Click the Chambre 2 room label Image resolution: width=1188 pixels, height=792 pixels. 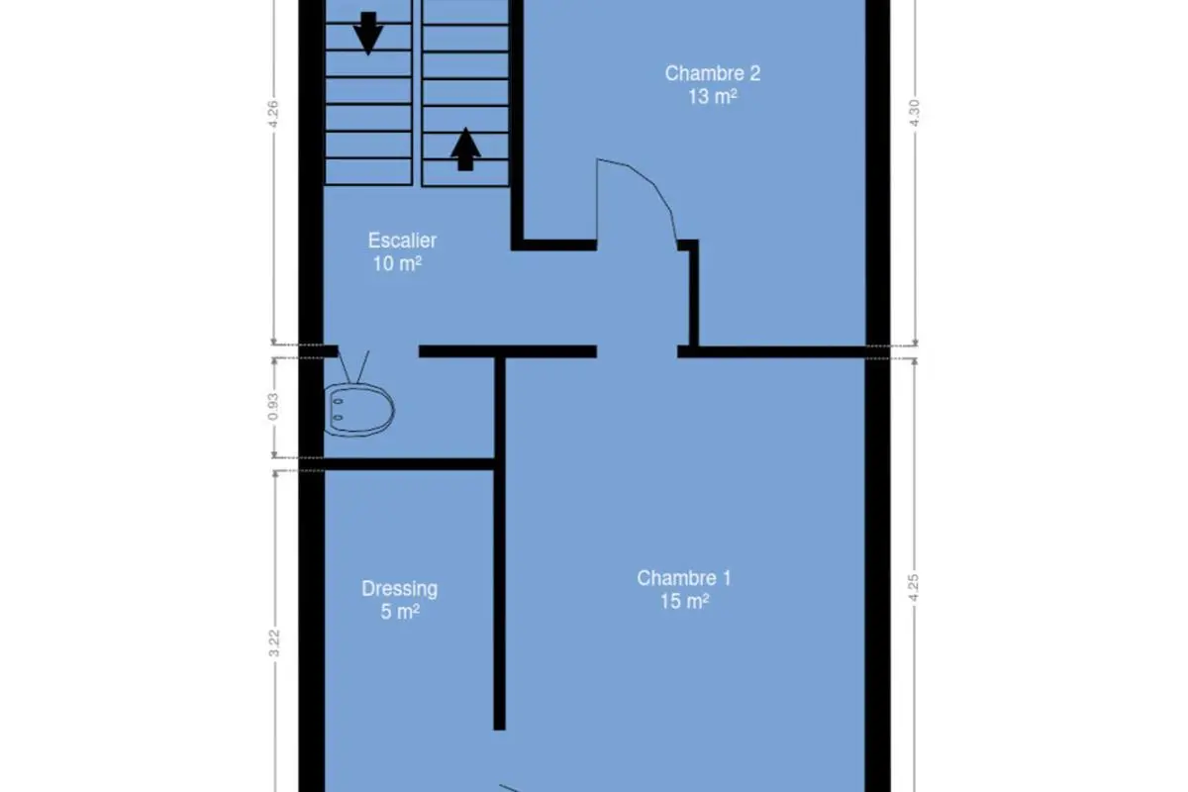point(712,73)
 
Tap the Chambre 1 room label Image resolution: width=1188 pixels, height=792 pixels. point(684,578)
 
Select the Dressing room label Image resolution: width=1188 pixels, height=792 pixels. point(399,589)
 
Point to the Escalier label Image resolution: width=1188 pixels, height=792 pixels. point(402,241)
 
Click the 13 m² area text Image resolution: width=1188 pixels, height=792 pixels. point(712,97)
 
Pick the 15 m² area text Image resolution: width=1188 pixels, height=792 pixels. point(684,601)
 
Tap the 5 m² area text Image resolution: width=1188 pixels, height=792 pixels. point(400,612)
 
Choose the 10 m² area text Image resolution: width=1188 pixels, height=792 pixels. point(397,263)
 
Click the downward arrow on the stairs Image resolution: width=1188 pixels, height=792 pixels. point(368,33)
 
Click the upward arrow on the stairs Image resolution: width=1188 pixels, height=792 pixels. point(465,149)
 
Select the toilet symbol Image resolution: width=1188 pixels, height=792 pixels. point(358,410)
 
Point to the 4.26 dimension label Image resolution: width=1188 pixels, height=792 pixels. point(272,114)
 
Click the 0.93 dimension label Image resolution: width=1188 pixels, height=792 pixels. point(272,406)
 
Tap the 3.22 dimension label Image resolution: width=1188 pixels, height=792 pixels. point(273,643)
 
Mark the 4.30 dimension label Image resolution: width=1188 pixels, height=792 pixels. point(915,113)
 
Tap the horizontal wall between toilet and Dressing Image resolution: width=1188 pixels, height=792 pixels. point(409,464)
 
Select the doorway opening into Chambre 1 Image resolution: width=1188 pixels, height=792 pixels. point(637,351)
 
